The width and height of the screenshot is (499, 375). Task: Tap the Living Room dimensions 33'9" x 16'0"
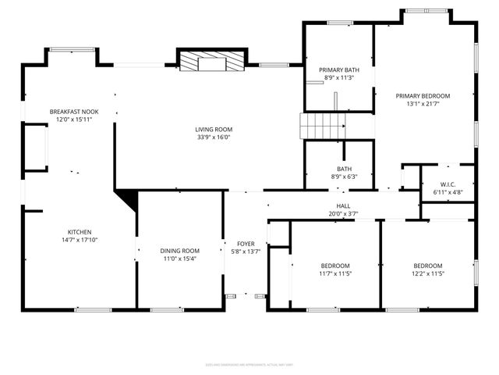tap(214, 137)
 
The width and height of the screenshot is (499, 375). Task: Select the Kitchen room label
tap(80, 232)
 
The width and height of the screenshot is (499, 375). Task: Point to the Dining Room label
tap(180, 250)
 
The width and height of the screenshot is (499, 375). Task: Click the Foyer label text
tap(246, 243)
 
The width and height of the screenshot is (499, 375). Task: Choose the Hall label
tap(343, 205)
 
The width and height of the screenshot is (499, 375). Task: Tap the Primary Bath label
tap(337, 70)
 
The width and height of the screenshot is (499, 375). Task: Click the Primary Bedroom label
tap(428, 95)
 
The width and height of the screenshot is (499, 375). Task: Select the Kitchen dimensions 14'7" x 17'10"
tap(80, 241)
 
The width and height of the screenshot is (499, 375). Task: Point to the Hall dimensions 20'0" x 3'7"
tap(343, 214)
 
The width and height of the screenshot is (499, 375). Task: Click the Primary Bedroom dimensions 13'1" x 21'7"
tap(428, 104)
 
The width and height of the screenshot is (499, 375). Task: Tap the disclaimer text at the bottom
tap(249, 364)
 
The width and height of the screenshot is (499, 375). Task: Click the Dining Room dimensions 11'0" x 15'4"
tap(180, 259)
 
